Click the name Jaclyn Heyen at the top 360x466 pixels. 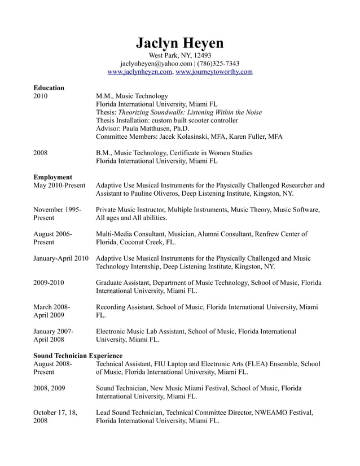coord(179,43)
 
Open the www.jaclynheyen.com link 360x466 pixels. coord(139,72)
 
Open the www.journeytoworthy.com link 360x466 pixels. coord(214,72)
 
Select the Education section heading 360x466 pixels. coord(49,88)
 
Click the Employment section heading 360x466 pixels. coord(53,177)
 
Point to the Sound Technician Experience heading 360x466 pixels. coord(78,356)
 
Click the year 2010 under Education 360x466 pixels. coord(41,96)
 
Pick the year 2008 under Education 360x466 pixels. coord(41,153)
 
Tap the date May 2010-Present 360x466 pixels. coord(59,186)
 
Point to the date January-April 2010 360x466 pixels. coord(61,258)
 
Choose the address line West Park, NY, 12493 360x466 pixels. coord(179,55)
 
